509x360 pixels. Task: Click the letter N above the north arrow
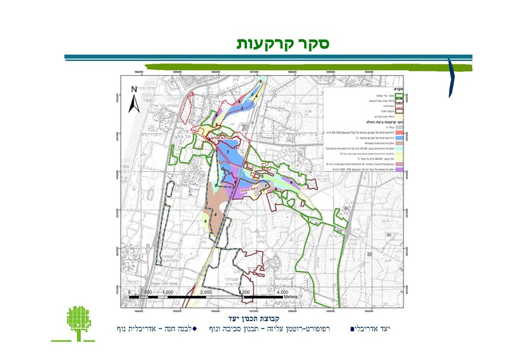[x=134, y=90]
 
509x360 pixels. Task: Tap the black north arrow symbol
[x=134, y=104]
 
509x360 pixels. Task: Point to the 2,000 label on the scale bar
[x=206, y=291]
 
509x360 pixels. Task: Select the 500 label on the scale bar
[x=148, y=291]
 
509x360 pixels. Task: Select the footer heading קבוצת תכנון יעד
[x=236, y=316]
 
